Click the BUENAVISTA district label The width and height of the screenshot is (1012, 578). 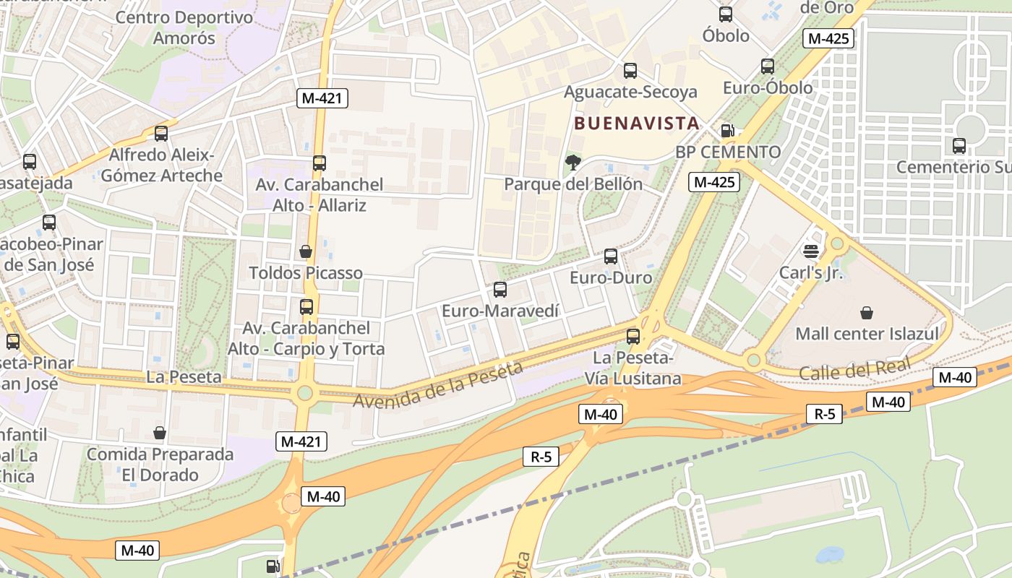pos(637,124)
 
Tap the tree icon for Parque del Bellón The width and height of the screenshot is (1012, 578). pos(573,163)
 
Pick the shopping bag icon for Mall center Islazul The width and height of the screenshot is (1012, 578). pos(866,313)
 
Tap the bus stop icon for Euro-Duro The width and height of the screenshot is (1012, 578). pos(611,256)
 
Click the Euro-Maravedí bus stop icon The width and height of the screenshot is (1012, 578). pos(500,290)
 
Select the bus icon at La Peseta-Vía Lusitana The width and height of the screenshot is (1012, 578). pos(633,336)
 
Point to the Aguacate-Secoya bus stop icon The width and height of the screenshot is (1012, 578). pos(630,71)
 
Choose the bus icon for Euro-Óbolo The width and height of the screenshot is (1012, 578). pos(768,66)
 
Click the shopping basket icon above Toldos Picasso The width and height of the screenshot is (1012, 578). pos(306,251)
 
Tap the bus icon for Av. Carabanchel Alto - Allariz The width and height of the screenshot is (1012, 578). pos(320,163)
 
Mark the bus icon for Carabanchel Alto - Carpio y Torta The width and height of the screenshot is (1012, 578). pos(306,307)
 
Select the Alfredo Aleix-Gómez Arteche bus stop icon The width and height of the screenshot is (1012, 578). pos(161,134)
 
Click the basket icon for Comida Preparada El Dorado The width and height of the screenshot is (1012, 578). pos(160,433)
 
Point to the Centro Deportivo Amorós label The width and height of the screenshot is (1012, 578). pos(184,27)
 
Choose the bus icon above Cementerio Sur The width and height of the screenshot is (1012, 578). pos(959,146)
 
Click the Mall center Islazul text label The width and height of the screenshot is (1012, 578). pos(867,334)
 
